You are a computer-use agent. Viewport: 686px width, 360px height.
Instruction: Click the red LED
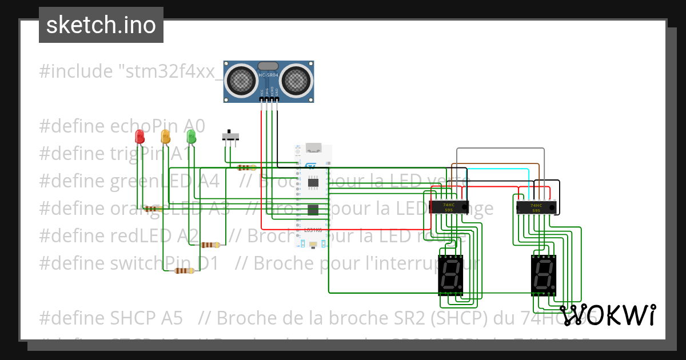pyautogui.click(x=139, y=137)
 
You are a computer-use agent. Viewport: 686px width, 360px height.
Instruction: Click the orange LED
pyautogui.click(x=165, y=137)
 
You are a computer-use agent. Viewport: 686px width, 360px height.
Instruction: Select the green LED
pyautogui.click(x=191, y=137)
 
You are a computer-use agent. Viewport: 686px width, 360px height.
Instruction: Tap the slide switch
pyautogui.click(x=230, y=136)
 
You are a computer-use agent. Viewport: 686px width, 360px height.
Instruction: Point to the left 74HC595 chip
pyautogui.click(x=448, y=207)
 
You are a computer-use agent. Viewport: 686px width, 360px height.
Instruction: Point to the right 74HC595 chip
pyautogui.click(x=536, y=207)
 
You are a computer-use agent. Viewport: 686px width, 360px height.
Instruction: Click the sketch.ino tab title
pyautogui.click(x=101, y=25)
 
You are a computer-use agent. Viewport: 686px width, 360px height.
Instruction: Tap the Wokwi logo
pyautogui.click(x=608, y=315)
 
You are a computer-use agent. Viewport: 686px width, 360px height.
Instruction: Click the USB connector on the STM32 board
pyautogui.click(x=313, y=149)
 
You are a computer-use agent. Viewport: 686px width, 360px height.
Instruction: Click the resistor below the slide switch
pyautogui.click(x=246, y=167)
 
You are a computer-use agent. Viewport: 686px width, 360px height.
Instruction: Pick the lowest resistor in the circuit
pyautogui.click(x=184, y=271)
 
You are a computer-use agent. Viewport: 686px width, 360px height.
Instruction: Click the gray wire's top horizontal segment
pyautogui.click(x=500, y=149)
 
